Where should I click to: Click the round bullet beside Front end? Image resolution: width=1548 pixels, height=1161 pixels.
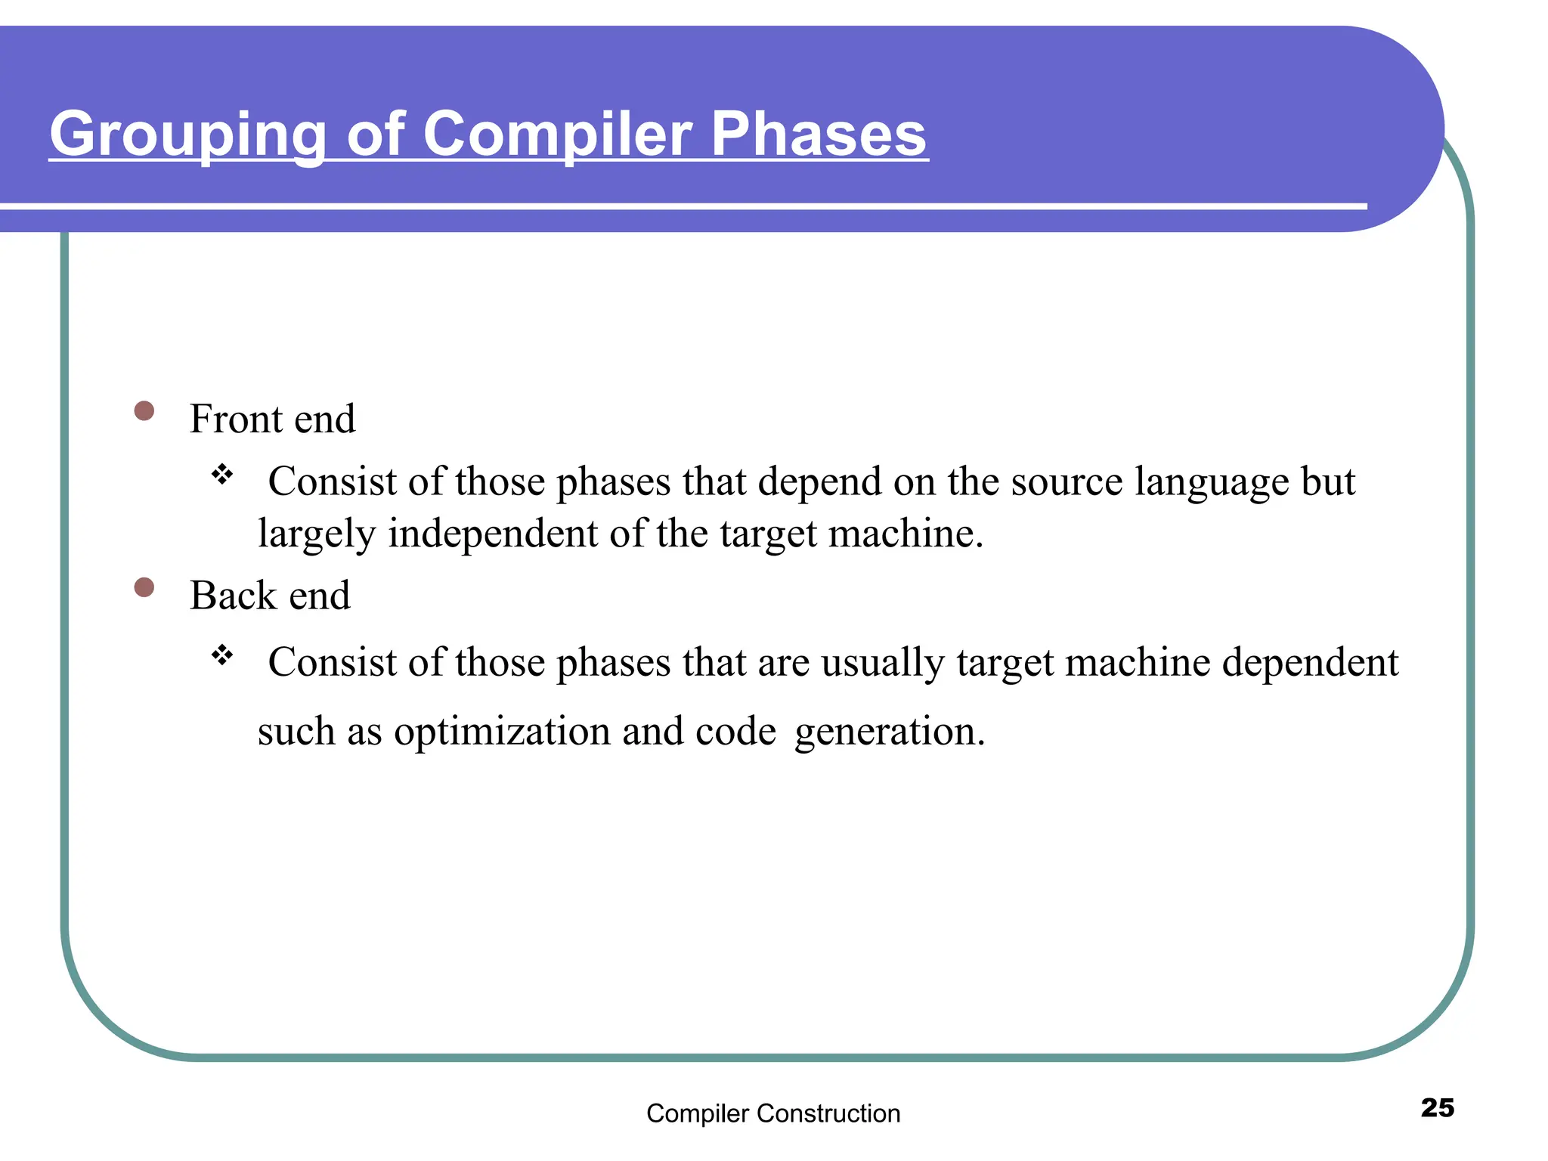point(144,411)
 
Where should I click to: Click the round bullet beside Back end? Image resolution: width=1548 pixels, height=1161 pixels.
point(144,587)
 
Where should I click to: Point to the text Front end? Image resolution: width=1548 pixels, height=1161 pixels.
point(272,419)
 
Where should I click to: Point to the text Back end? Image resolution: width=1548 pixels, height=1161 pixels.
point(270,596)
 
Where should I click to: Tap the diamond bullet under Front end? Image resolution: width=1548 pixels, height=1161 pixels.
point(222,475)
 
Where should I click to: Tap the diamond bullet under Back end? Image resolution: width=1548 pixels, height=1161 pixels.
point(222,655)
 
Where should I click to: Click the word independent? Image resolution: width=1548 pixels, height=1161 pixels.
point(493,534)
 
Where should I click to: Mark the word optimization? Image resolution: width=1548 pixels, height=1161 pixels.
point(502,732)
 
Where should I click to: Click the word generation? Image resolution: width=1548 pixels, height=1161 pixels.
point(889,732)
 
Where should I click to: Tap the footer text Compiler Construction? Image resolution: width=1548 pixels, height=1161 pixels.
point(773,1113)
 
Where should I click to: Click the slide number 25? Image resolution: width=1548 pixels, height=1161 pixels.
point(1437,1107)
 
